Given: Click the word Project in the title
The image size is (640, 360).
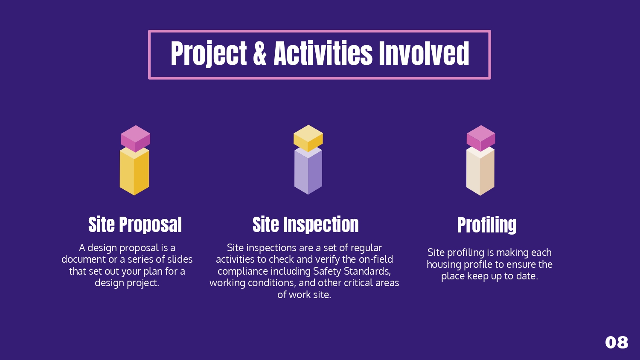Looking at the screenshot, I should pos(209,54).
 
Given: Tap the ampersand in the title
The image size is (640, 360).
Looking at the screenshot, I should pos(260,54).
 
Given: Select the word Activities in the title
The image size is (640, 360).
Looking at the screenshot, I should pos(323,54).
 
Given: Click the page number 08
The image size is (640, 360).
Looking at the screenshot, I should pos(617,343).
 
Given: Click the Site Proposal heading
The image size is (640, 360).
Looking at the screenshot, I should pos(135,225).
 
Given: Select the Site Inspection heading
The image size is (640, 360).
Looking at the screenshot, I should pos(305,225).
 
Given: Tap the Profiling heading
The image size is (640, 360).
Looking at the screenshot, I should pos(487,225).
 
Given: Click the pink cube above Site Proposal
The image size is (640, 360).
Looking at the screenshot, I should pos(135,138).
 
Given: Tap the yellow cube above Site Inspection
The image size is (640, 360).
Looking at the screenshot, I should pos(308,138).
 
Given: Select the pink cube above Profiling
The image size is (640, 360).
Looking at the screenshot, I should pos(481,138).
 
